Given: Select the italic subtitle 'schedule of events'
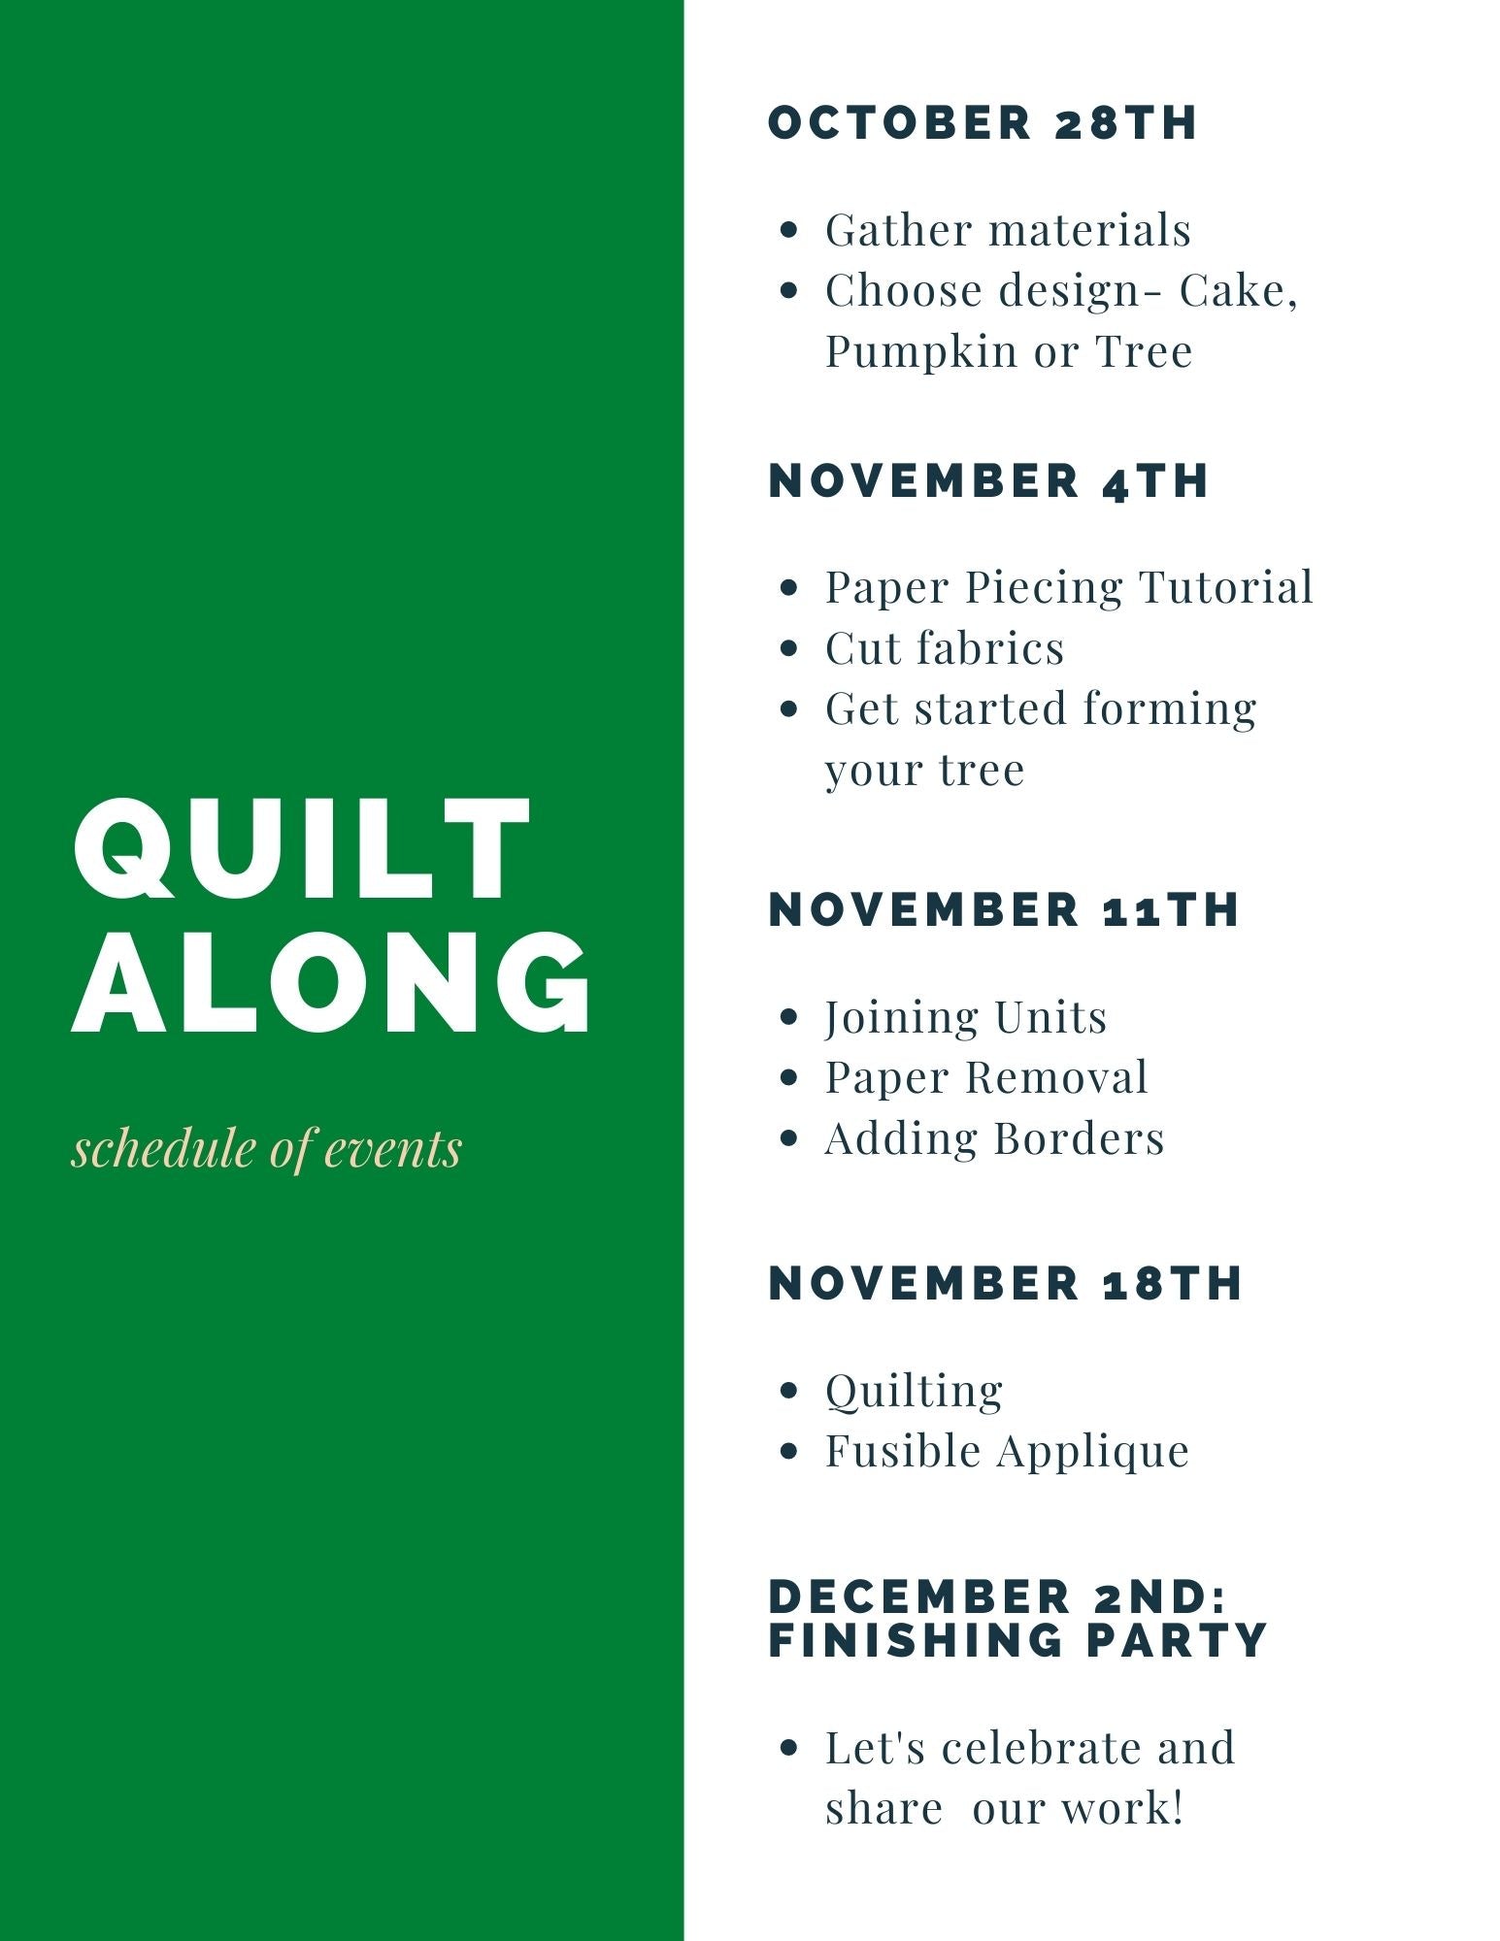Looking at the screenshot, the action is tap(267, 1148).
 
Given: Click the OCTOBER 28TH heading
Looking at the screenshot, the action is tap(983, 122).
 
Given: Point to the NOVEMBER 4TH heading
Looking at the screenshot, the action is tap(988, 480).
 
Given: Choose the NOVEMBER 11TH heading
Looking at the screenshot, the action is tap(1004, 909).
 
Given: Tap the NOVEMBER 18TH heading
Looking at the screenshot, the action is tap(1006, 1283).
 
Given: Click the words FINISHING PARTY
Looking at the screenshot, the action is tap(1017, 1639).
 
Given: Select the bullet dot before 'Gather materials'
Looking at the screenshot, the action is tap(789, 231).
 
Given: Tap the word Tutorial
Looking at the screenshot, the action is tap(1226, 587).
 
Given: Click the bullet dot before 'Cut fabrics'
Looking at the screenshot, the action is tap(789, 648).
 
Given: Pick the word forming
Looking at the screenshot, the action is tap(1170, 709).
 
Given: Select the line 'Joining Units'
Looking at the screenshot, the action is tap(966, 1018).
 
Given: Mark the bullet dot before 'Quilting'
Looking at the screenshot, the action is tap(789, 1391).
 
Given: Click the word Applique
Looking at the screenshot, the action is tap(1093, 1453).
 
